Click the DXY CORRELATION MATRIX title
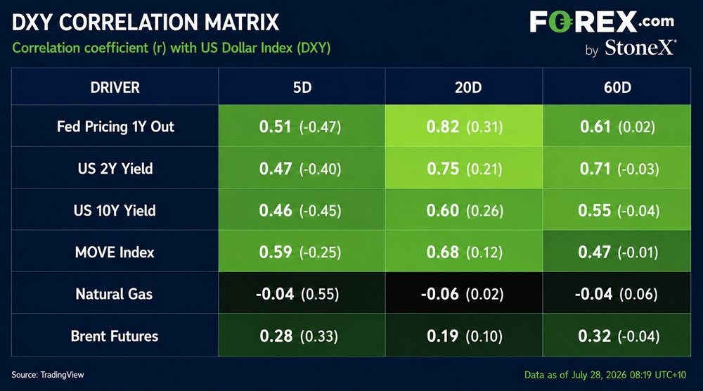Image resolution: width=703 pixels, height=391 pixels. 146,23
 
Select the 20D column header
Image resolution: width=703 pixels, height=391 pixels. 468,87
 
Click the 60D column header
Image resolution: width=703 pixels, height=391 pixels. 617,87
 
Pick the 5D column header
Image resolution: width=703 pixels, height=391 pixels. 302,87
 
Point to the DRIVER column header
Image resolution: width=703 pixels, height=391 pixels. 115,87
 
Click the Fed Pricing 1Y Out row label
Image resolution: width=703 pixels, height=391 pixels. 115,127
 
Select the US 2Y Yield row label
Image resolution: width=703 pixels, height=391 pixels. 115,169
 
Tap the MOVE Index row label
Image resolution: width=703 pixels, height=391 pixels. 115,252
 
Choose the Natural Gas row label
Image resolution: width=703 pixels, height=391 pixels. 115,294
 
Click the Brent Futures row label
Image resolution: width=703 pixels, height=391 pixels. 115,336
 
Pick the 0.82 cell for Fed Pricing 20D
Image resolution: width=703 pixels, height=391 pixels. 464,126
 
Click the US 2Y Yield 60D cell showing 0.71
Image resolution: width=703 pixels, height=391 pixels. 617,167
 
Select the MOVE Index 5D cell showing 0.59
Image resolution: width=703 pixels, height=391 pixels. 302,251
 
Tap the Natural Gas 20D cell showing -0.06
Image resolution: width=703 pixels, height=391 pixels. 464,293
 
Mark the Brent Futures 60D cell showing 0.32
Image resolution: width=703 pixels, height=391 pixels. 617,335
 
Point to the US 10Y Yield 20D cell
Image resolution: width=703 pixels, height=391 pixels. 464,210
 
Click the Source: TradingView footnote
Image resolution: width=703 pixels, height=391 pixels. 48,375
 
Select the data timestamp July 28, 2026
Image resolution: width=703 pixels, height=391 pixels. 605,375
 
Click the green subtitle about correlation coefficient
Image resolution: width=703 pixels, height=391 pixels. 172,48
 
